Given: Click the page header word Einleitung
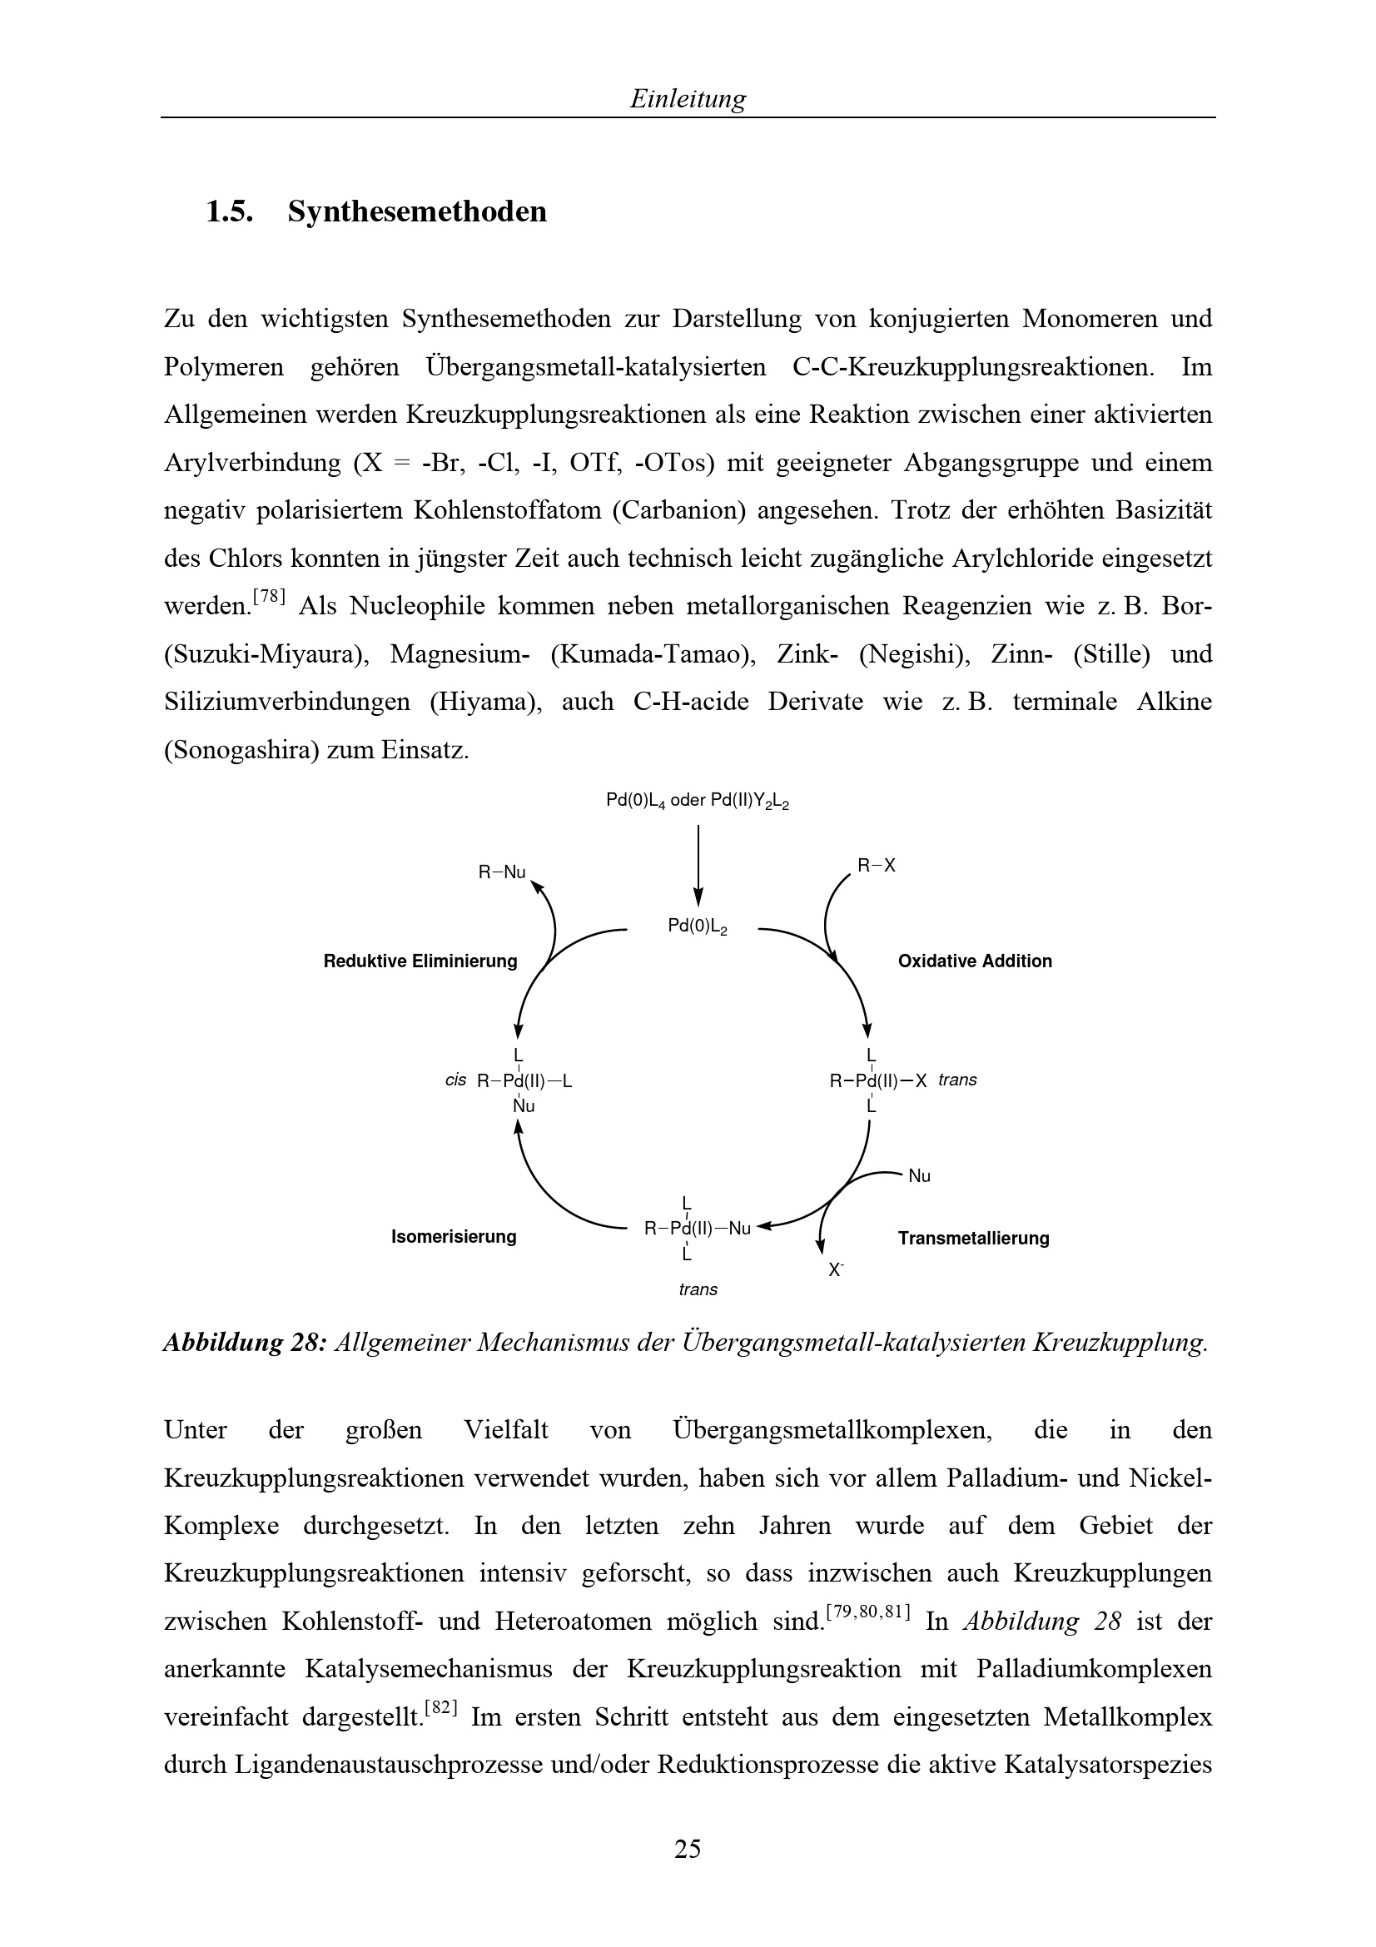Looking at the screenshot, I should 688,99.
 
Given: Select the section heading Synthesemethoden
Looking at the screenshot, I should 417,211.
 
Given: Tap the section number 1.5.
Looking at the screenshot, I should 230,211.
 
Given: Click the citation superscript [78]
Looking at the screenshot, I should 270,597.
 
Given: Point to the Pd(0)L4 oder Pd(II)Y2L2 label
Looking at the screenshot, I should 698,801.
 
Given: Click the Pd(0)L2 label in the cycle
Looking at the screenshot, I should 698,926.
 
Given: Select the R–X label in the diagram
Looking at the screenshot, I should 876,866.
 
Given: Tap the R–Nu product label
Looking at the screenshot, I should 502,872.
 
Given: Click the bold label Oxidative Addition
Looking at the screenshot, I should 974,961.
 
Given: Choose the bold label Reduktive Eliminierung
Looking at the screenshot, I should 420,961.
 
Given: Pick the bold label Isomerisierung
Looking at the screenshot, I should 454,1236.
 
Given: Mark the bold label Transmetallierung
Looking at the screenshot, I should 973,1238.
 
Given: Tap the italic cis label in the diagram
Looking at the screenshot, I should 456,1080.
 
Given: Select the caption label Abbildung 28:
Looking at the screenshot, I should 244,1343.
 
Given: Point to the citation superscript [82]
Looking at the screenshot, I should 441,1708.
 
